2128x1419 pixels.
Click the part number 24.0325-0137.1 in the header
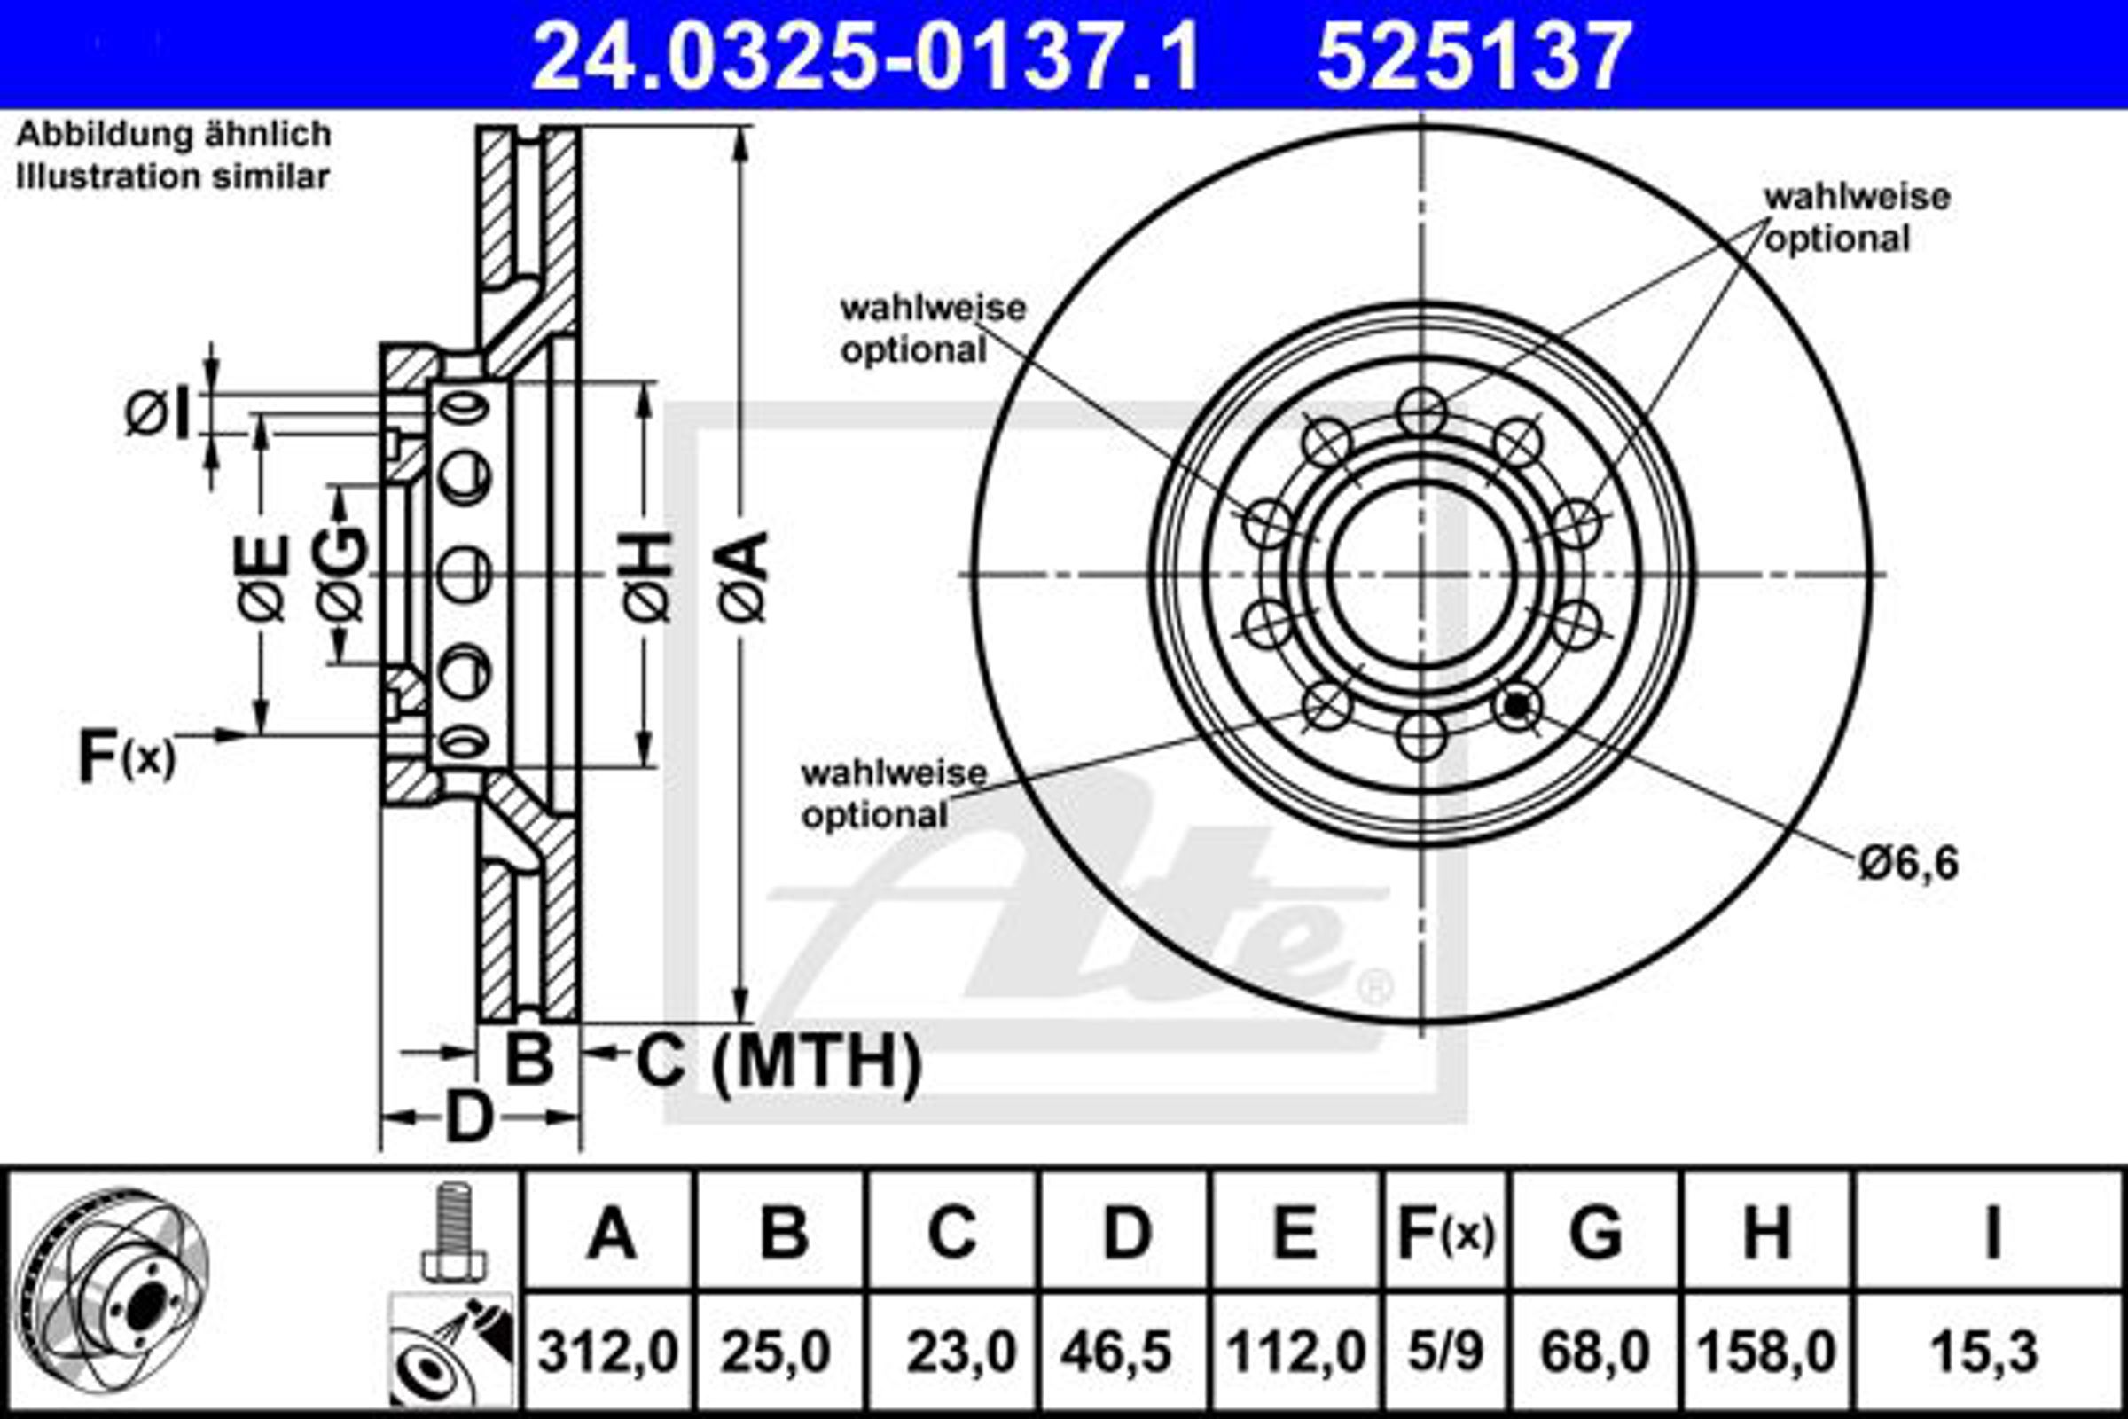(865, 57)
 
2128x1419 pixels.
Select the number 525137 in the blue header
(1474, 57)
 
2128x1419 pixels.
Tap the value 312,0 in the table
(607, 1354)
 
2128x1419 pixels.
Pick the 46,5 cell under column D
(1116, 1354)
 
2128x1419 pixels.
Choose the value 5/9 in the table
(1445, 1354)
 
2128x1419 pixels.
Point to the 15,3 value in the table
(1984, 1354)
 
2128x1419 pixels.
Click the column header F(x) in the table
(1446, 1234)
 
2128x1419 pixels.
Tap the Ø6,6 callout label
(1908, 863)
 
